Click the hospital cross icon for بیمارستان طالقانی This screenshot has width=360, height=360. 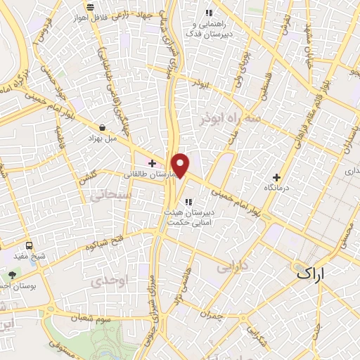coord(152,163)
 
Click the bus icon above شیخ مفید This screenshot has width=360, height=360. coord(30,246)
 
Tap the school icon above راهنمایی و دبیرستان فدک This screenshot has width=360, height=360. coord(208,12)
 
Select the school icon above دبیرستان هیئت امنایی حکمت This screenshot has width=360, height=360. coord(188,202)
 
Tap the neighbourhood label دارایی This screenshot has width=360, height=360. coord(231,268)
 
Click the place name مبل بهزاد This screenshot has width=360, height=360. coord(103,139)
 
